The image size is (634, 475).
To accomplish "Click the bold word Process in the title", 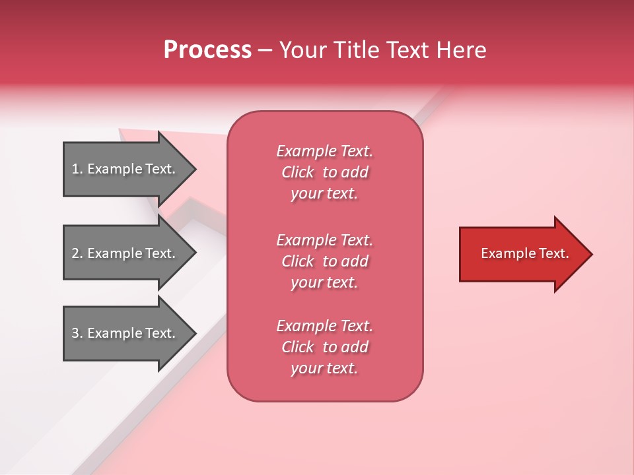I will tap(207, 50).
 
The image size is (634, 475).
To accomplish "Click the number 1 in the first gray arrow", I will tap(75, 169).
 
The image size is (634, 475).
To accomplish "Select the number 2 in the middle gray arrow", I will tap(75, 253).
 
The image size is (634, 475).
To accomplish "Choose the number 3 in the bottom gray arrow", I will tap(75, 333).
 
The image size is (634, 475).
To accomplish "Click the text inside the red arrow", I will tap(524, 253).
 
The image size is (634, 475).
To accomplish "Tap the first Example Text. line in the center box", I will tap(324, 151).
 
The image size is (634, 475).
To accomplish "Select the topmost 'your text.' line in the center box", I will tap(324, 193).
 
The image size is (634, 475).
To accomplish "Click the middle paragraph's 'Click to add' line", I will tap(324, 261).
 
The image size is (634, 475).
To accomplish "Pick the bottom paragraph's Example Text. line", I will tap(324, 326).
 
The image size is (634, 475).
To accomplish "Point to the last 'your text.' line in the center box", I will tap(324, 368).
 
